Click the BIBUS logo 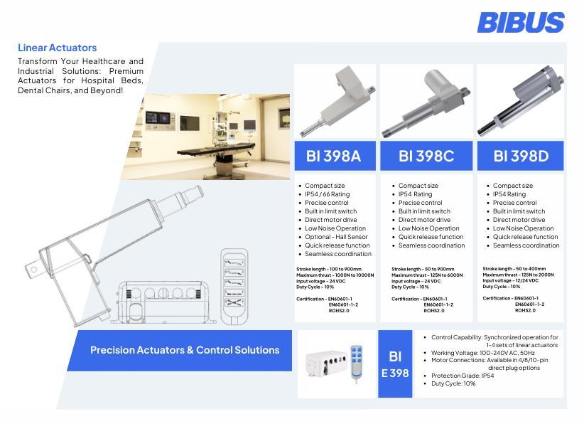tap(521, 22)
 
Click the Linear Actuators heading tap(57, 48)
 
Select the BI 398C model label tap(426, 156)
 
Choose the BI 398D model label tap(521, 156)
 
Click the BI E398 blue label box tap(395, 364)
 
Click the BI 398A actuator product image tap(335, 101)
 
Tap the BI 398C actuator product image tap(426, 101)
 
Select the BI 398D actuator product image tap(521, 101)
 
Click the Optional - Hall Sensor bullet tap(336, 237)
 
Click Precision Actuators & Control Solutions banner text tap(185, 350)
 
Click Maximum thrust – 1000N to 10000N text tap(335, 275)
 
